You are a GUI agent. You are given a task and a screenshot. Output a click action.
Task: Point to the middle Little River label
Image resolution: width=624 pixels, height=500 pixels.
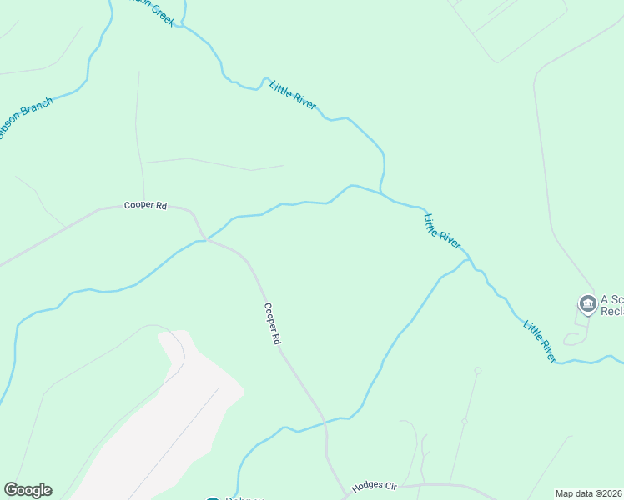coord(442,231)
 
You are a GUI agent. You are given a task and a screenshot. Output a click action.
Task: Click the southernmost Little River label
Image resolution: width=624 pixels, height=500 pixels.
coord(540,339)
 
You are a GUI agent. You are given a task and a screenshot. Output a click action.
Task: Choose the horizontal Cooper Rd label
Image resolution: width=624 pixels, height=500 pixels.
coord(145,205)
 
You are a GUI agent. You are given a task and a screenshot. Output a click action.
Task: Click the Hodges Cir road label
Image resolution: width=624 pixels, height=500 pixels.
coord(373,486)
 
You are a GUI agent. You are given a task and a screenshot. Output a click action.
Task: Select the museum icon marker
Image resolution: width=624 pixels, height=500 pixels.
coord(588,304)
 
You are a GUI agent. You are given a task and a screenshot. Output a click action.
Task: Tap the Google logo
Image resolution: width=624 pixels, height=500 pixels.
coord(28,490)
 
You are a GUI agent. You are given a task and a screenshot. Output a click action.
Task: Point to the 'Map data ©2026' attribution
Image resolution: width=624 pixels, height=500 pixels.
coord(588,493)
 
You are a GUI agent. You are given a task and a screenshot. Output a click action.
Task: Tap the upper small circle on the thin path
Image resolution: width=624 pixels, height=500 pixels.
coord(478,370)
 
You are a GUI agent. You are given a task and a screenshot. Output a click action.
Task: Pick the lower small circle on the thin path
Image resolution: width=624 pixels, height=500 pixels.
coord(465,422)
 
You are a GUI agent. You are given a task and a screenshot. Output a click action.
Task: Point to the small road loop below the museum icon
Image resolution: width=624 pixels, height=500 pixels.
coord(573,339)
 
